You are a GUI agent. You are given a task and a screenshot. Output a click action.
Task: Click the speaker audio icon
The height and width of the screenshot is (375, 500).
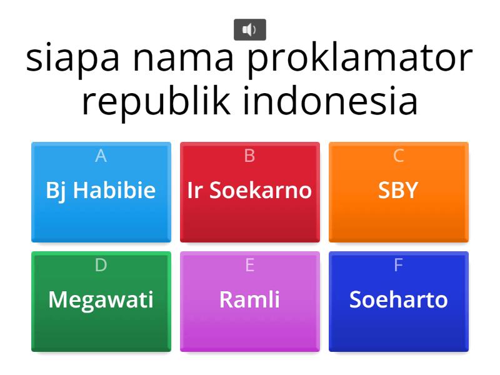(x=249, y=29)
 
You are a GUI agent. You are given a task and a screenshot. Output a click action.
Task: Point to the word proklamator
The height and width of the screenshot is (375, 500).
(x=360, y=59)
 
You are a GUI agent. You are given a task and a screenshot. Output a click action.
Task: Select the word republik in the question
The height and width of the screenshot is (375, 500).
(x=156, y=101)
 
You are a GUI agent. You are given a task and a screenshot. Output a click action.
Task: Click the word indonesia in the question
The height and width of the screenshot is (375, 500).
(x=331, y=100)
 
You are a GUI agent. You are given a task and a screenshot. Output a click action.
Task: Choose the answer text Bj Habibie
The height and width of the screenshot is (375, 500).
(x=101, y=191)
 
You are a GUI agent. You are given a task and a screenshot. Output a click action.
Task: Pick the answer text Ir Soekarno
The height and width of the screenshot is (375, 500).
(x=249, y=190)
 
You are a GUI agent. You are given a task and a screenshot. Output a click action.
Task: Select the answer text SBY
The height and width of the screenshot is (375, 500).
(x=398, y=191)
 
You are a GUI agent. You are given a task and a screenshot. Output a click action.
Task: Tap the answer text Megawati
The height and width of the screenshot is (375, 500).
(x=101, y=301)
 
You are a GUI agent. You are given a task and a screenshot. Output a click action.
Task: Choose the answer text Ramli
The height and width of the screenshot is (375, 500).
(x=249, y=299)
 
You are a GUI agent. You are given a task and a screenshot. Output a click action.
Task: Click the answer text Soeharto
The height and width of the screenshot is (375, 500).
(x=399, y=299)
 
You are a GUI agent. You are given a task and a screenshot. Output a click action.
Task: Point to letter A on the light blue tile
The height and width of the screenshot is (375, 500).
(x=101, y=156)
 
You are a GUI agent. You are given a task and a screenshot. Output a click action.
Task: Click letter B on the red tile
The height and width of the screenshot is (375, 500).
(x=249, y=156)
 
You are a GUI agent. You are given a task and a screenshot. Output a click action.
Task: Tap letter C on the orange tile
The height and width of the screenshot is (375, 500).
(x=399, y=156)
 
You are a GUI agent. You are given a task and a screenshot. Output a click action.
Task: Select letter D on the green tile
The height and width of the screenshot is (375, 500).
(x=101, y=265)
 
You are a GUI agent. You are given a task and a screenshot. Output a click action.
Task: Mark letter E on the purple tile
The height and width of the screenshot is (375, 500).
(x=249, y=265)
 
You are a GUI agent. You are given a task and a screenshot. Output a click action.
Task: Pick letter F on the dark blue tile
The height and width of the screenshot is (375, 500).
(x=399, y=265)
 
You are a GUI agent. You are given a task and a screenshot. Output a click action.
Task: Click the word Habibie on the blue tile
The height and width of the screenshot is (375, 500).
(x=114, y=190)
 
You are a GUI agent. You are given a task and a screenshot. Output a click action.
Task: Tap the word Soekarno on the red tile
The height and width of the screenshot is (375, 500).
(x=261, y=190)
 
